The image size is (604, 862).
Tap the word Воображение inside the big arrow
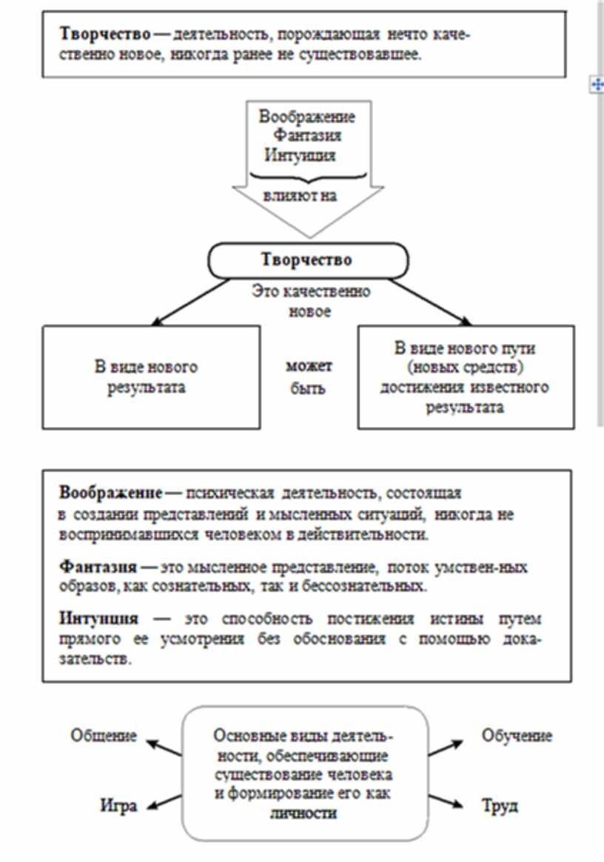(306, 117)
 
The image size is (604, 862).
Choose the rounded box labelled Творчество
(306, 260)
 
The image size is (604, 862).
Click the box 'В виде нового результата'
(151, 377)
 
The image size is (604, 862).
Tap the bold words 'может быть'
(309, 377)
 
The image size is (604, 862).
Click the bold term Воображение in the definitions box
(111, 493)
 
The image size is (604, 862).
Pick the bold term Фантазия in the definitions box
(98, 566)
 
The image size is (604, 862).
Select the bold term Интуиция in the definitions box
(99, 618)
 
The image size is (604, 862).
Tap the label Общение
(104, 735)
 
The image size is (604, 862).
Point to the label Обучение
(517, 735)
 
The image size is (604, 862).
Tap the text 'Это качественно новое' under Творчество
(309, 301)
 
